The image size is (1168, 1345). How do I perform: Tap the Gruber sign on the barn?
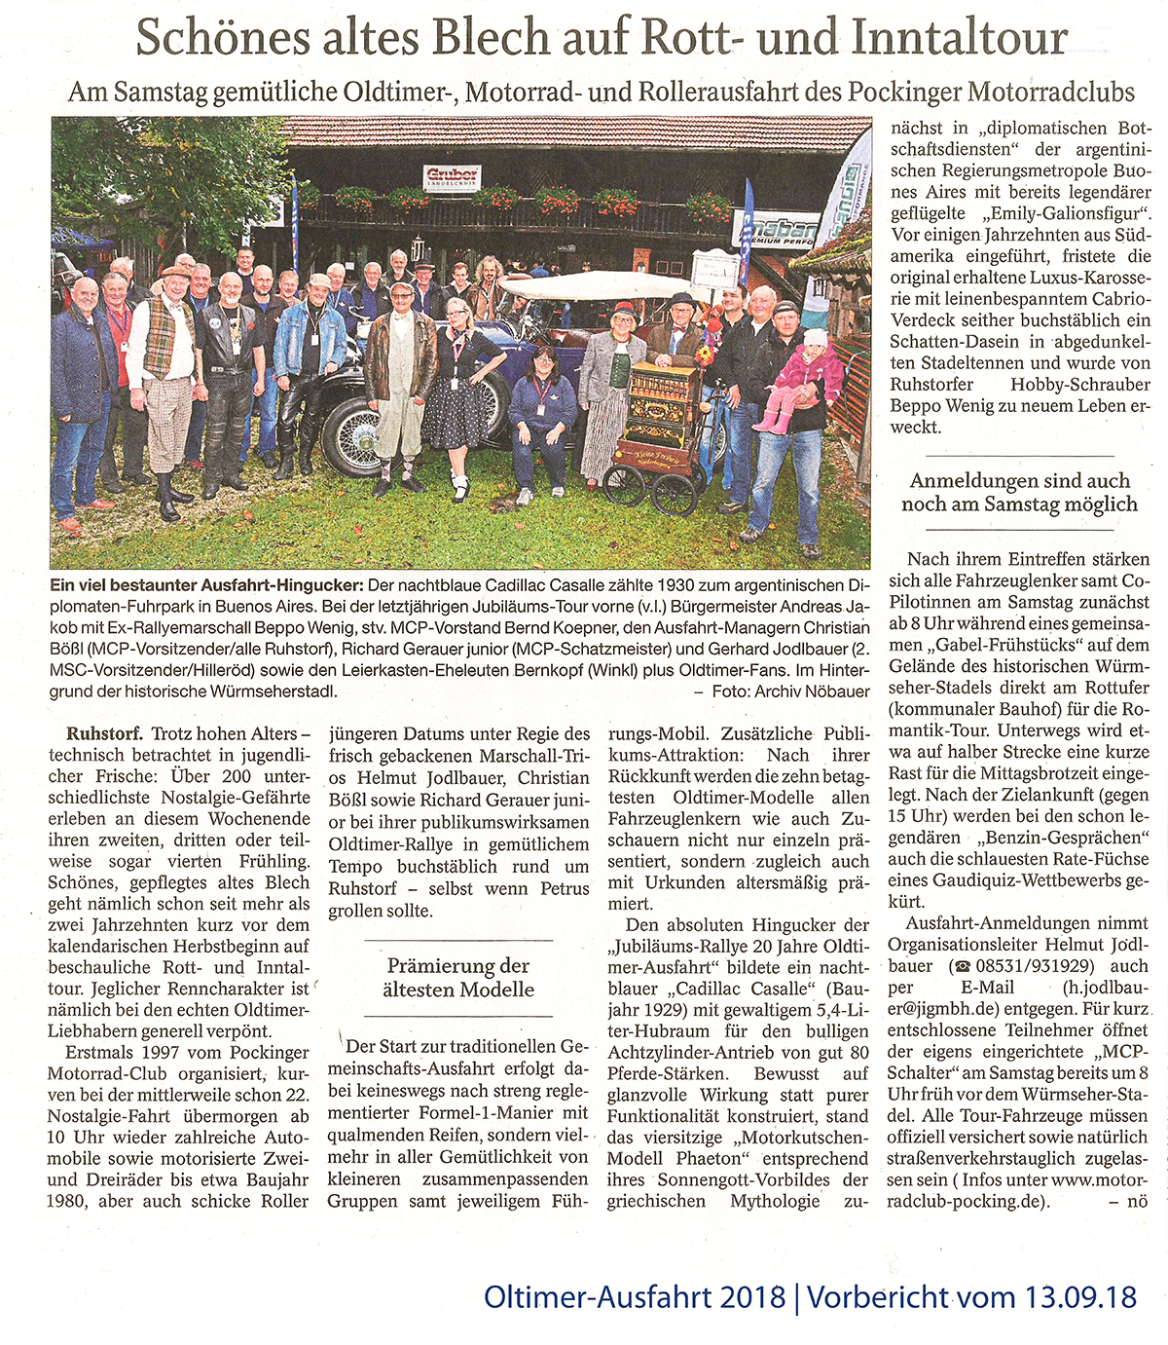[x=453, y=178]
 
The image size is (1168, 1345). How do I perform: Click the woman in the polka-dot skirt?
[x=455, y=380]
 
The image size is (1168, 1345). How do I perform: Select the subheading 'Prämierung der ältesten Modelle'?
[x=459, y=977]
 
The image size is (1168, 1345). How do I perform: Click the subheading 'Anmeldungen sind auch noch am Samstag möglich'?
[x=1018, y=492]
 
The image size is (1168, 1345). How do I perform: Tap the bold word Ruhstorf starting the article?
[x=105, y=733]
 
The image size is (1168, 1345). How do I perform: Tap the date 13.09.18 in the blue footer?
[x=1080, y=1297]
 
